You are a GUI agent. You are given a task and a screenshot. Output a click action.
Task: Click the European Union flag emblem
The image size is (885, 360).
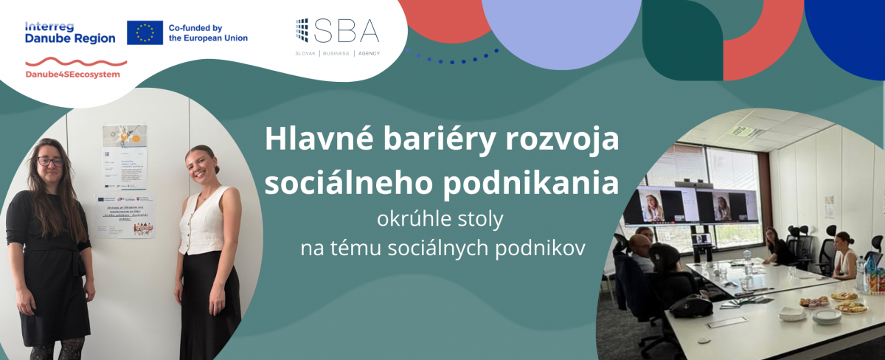pyautogui.click(x=145, y=32)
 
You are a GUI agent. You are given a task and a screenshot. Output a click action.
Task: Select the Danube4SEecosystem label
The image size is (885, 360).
pyautogui.click(x=72, y=75)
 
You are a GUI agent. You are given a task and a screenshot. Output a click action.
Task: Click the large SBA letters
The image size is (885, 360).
pyautogui.click(x=346, y=30)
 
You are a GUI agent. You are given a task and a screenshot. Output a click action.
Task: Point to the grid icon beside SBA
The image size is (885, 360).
pyautogui.click(x=302, y=30)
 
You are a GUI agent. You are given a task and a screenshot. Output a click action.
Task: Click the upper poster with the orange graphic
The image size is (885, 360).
pyautogui.click(x=125, y=135)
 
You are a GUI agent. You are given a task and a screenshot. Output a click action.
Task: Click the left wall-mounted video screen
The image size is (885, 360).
pyautogui.click(x=659, y=204)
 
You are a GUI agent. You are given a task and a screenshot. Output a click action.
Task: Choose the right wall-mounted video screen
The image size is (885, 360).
pyautogui.click(x=726, y=206)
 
